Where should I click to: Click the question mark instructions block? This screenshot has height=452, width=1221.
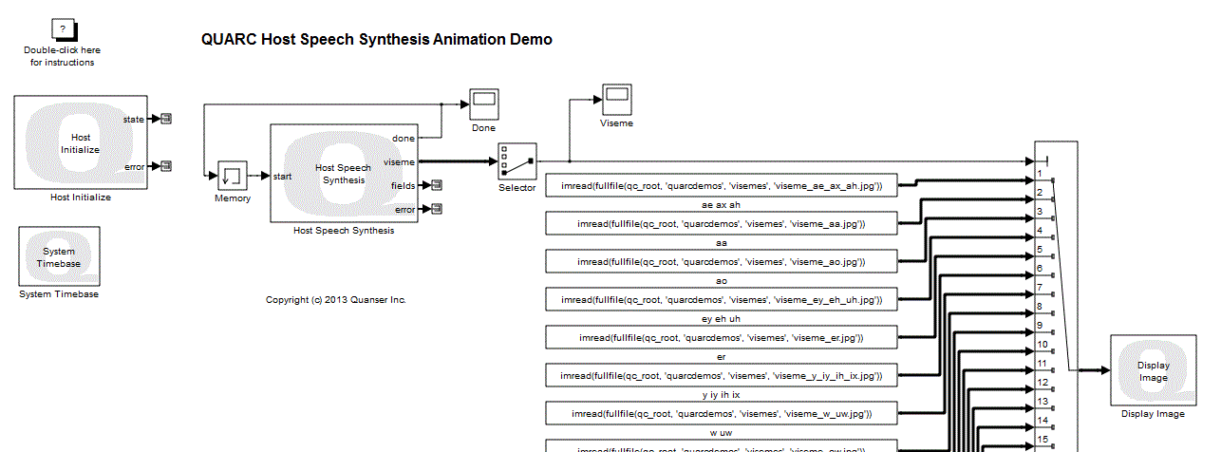click(x=62, y=30)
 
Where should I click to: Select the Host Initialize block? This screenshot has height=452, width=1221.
click(x=81, y=142)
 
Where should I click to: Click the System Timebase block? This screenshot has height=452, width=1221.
click(x=59, y=256)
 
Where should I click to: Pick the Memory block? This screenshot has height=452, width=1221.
click(x=233, y=176)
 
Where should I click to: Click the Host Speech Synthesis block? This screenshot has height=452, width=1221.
click(x=343, y=174)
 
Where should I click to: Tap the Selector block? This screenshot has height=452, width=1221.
click(x=517, y=161)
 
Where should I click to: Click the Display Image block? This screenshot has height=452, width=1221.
click(x=1153, y=371)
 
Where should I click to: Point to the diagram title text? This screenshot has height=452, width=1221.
click(x=377, y=40)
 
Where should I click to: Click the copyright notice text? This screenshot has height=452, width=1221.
click(x=335, y=300)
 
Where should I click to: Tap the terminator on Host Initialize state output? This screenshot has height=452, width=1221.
click(x=165, y=119)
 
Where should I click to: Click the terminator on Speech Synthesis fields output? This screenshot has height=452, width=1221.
click(x=436, y=185)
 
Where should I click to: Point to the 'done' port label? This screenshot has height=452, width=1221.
click(x=403, y=139)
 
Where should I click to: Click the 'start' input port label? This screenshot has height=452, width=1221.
click(x=283, y=176)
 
